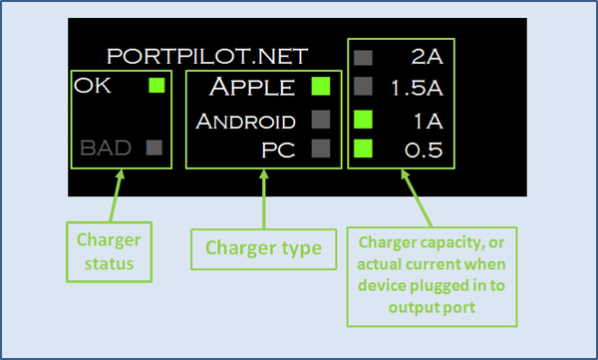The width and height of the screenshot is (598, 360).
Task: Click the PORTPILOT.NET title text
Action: coord(207,57)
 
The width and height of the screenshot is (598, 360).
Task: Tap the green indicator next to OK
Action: coord(156,85)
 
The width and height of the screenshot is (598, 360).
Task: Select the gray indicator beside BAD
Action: coord(154,148)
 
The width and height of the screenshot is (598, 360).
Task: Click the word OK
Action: coord(93,86)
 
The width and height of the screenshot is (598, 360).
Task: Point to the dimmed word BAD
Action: coord(106,148)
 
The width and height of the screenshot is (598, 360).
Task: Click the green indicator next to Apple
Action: coord(321,86)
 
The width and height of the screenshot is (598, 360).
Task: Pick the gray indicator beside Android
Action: coord(321,120)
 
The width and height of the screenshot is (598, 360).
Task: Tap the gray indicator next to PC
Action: coord(321,149)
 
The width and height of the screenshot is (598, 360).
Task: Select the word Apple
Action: coord(252,87)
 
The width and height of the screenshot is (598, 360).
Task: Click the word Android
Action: coord(245,122)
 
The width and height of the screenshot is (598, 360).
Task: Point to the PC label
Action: coord(278,150)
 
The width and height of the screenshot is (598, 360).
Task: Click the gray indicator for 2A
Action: coord(363,58)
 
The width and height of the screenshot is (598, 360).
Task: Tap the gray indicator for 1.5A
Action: coord(363,86)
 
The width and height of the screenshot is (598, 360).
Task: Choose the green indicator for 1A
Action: coord(363,120)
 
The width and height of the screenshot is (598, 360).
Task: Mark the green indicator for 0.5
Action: coord(363,149)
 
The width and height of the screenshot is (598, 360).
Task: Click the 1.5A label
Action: coord(418,88)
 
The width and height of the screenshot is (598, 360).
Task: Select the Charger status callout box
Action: coord(109,252)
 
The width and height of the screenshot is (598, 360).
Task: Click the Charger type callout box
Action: coord(263,249)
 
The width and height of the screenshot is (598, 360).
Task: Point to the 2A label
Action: coord(428,58)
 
